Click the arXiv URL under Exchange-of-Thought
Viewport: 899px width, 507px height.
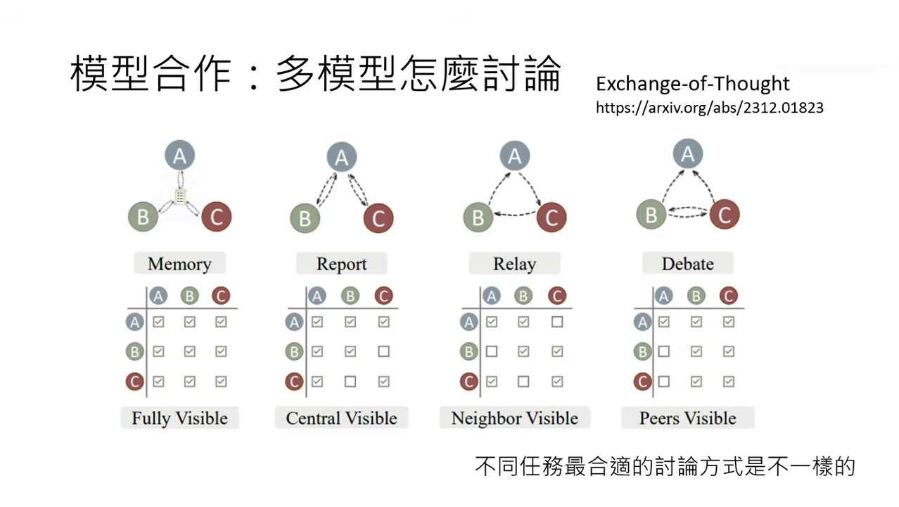pos(709,108)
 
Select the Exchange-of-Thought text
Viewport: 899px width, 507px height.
pos(692,84)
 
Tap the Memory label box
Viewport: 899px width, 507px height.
pos(179,264)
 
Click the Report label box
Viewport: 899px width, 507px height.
pos(341,264)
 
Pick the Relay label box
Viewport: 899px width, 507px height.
pos(514,264)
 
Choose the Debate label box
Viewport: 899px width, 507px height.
pos(687,264)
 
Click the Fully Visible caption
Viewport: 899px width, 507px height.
pos(179,418)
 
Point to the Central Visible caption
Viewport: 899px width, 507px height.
pos(341,418)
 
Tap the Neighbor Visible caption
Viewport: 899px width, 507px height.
pos(514,418)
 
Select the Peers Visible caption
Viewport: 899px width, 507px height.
pos(687,418)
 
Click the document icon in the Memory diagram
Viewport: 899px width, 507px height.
pos(180,197)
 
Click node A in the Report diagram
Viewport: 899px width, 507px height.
pos(341,158)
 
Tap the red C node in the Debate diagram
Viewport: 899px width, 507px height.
pos(725,213)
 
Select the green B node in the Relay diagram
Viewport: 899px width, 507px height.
pos(478,217)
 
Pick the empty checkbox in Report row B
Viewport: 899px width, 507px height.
pos(383,351)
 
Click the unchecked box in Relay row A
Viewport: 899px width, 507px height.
pos(557,322)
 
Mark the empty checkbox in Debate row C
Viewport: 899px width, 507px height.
pos(663,382)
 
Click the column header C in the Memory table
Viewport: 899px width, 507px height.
pos(221,296)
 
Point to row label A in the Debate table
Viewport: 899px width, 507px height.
pos(642,323)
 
